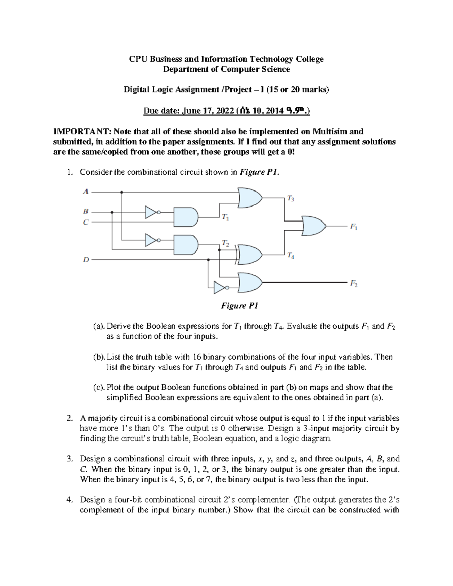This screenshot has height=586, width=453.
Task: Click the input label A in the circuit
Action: [86, 192]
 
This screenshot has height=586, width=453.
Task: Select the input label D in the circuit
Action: [86, 260]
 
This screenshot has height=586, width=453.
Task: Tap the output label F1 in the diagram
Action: [353, 227]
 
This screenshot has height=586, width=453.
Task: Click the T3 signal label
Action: [291, 198]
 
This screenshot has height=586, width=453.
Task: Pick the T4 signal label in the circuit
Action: [291, 256]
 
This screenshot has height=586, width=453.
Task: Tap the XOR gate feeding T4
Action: [249, 255]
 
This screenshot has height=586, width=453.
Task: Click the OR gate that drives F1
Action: [313, 226]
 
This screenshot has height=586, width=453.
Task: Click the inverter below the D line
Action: [220, 288]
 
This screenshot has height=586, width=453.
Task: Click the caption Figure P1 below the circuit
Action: [239, 306]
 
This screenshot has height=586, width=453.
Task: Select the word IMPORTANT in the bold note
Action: [79, 132]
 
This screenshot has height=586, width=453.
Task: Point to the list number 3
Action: [69, 459]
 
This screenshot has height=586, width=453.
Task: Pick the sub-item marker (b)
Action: [99, 357]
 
